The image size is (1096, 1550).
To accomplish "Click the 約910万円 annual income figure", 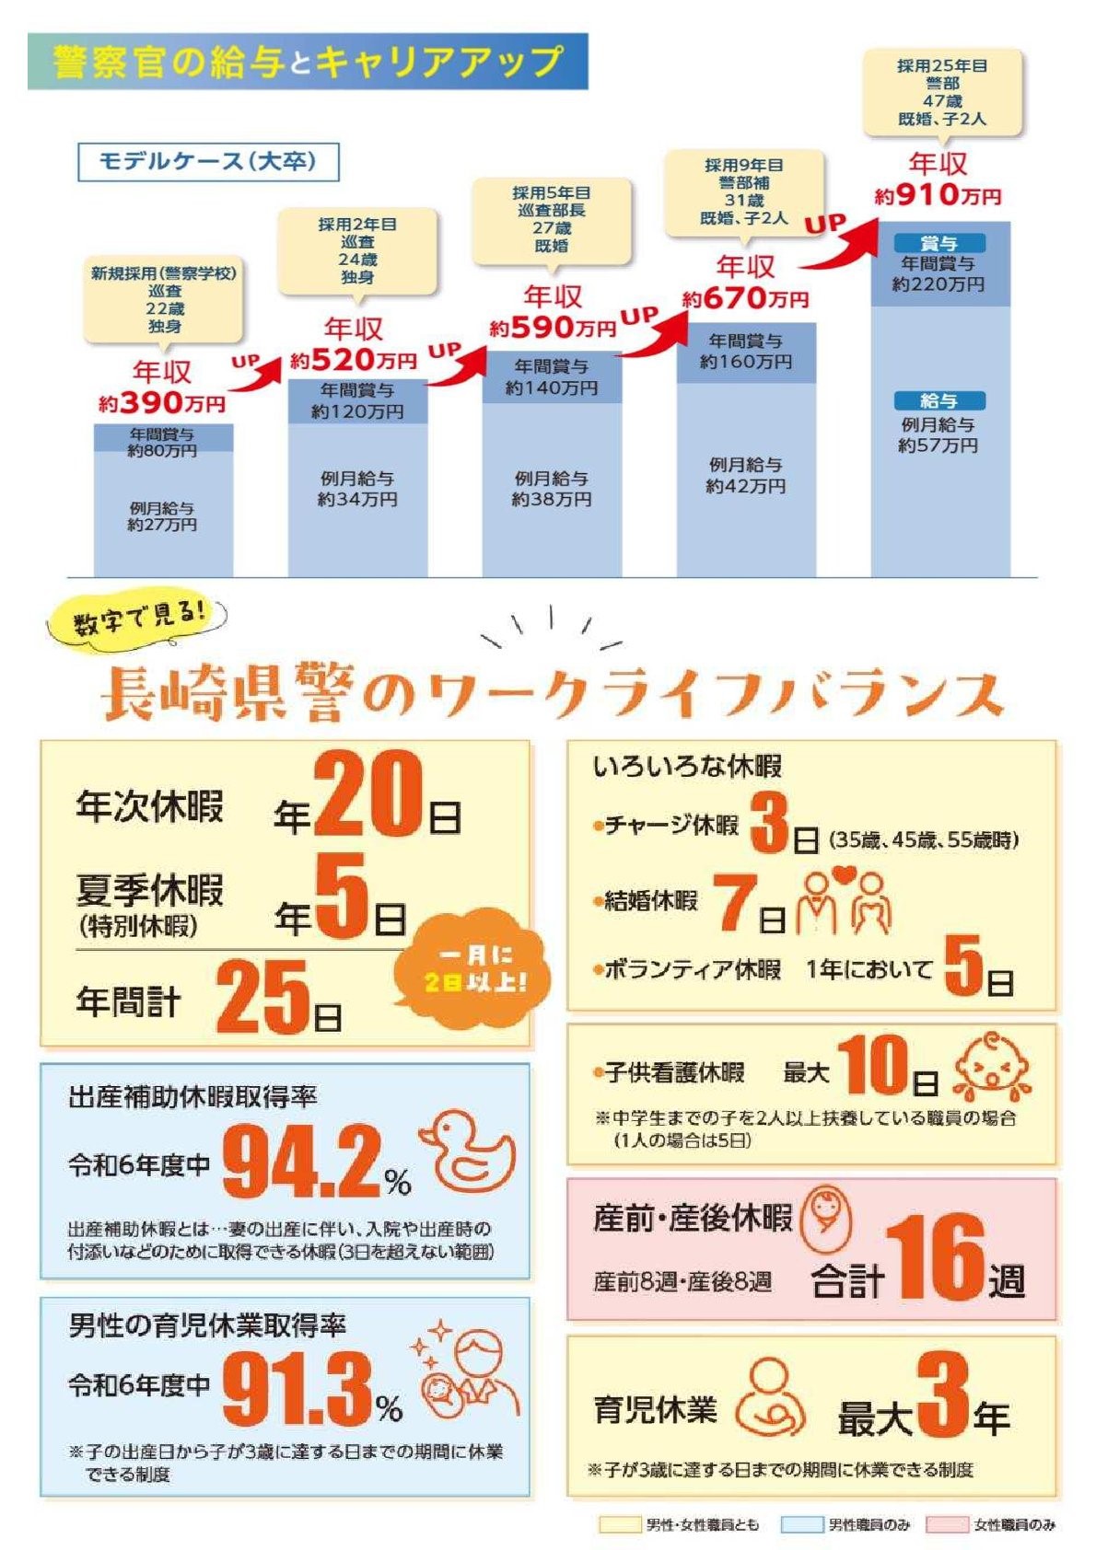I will [938, 195].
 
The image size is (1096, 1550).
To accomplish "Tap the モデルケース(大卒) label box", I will [207, 162].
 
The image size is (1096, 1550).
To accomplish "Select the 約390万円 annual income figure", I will [162, 402].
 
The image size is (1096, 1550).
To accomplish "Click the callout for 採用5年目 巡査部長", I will [552, 220].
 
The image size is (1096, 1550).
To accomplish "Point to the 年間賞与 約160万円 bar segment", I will [746, 352].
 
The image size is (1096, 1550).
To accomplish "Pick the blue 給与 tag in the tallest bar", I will [939, 400].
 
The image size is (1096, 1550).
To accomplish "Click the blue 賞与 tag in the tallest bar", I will [939, 243].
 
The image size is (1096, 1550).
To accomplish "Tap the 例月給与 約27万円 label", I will [163, 516].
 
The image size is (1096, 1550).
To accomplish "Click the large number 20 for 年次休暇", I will [368, 794].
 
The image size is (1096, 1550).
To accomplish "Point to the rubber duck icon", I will [468, 1151].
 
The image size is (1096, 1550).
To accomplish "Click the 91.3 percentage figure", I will [297, 1388].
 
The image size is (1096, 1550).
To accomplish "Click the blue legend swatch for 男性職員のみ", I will [801, 1524].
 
